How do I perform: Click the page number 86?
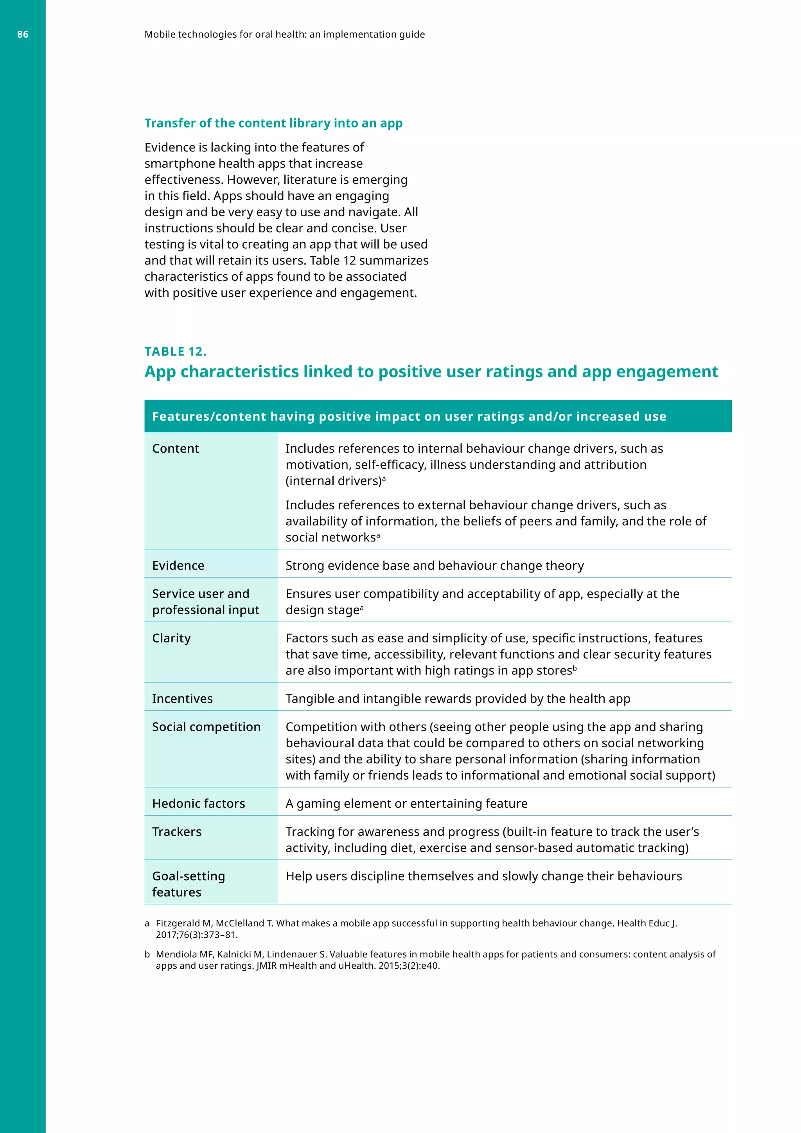[x=23, y=34]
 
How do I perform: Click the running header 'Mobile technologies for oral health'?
[x=285, y=34]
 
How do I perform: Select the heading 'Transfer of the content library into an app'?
[x=273, y=123]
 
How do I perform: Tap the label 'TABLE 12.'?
[x=175, y=351]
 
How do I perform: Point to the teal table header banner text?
[x=409, y=417]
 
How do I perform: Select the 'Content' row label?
[x=176, y=449]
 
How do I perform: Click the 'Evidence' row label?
[x=178, y=565]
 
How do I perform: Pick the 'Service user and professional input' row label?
[x=205, y=602]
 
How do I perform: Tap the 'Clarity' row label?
[x=171, y=638]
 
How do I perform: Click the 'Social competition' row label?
[x=206, y=727]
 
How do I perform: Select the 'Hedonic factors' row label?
[x=198, y=803]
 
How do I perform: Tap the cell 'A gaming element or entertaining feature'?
[x=406, y=803]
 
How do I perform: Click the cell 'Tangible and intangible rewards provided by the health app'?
[x=458, y=699]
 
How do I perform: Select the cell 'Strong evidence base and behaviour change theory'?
[x=435, y=565]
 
